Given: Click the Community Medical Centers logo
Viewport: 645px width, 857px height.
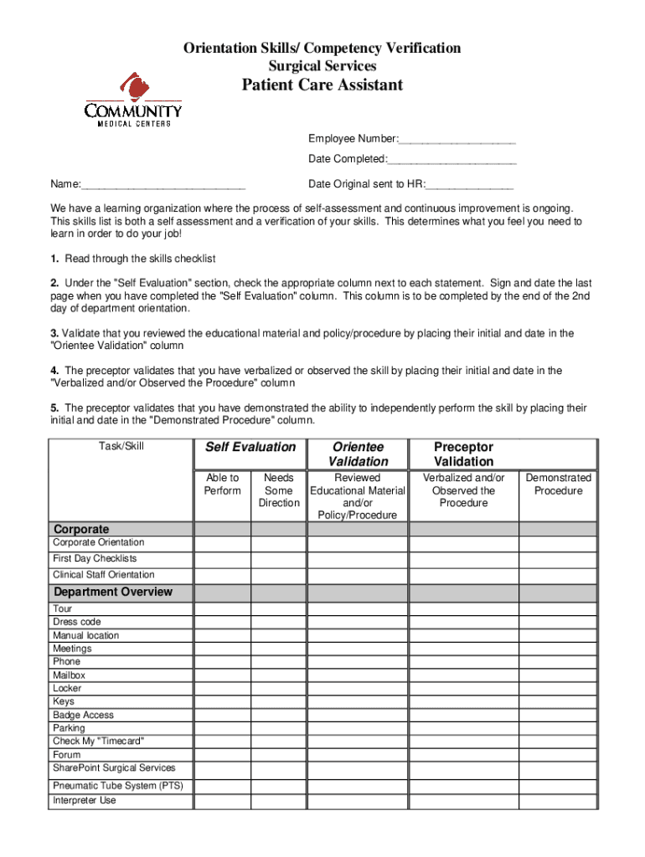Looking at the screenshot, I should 133,100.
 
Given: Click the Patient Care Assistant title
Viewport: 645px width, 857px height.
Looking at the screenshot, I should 322,85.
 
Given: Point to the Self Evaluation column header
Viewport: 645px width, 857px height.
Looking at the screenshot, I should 250,448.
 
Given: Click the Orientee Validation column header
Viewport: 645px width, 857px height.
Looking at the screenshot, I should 358,454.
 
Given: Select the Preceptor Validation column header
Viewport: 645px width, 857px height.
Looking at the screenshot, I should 463,454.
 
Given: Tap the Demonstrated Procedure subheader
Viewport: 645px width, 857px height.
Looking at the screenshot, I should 558,485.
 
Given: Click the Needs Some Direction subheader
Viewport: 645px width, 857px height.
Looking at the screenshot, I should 279,490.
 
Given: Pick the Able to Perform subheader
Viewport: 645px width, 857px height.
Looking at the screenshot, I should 222,485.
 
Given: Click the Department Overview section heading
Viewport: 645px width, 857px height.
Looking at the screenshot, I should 113,593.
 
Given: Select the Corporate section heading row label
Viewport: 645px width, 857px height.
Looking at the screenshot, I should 81,529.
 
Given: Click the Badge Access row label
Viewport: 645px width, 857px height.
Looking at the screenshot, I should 83,716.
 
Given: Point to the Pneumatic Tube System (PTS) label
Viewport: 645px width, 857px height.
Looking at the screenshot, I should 117,786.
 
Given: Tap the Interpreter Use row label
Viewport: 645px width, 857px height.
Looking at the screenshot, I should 85,801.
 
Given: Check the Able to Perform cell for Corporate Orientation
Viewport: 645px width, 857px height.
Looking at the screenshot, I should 222,543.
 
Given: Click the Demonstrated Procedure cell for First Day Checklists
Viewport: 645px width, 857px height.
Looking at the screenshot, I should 558,559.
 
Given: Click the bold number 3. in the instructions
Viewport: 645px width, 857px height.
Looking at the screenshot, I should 54,334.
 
